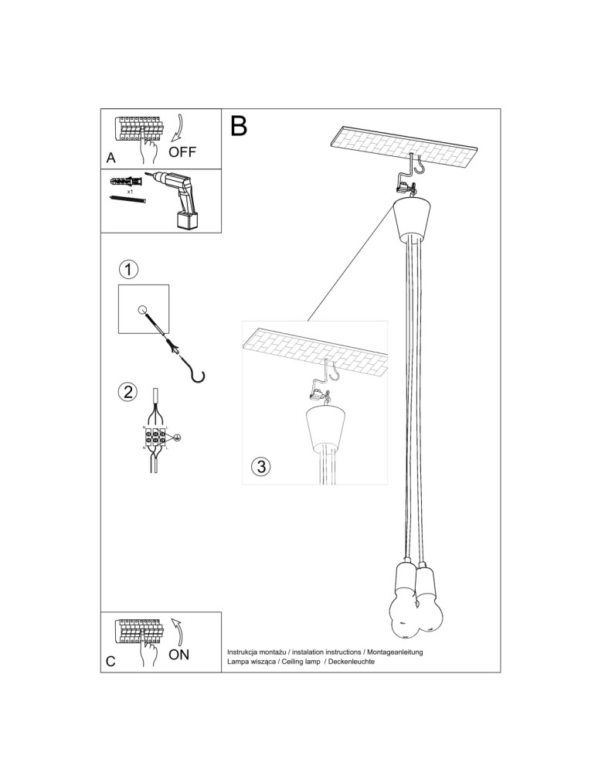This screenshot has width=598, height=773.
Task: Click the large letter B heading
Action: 239,126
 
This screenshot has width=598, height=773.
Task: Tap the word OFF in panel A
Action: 182,152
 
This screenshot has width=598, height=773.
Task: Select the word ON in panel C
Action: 178,655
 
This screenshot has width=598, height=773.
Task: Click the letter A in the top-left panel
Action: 111,158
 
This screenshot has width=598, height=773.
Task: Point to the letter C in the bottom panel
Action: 111,662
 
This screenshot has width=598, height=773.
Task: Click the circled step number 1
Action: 128,270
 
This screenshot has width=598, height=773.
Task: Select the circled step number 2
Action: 128,391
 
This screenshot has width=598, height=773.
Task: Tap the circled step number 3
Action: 261,466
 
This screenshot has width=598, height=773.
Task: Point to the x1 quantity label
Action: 131,190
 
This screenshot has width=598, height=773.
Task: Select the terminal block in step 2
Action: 154,438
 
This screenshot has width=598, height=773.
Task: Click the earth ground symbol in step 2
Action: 176,438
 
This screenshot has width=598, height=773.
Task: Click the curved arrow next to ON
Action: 177,632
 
